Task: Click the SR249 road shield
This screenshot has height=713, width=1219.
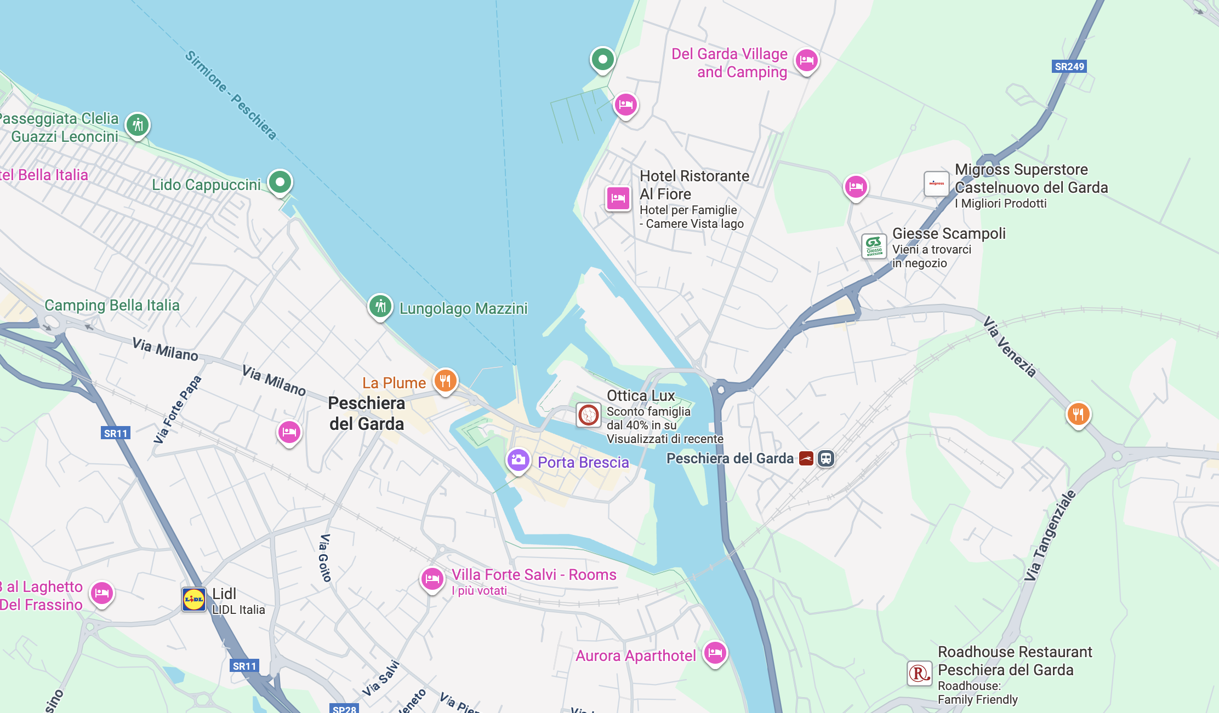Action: pyautogui.click(x=1069, y=66)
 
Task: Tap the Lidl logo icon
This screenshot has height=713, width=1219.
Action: pyautogui.click(x=193, y=600)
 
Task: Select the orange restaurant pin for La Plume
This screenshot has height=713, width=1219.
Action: pyautogui.click(x=445, y=380)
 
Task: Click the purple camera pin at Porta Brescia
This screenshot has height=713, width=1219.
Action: pyautogui.click(x=518, y=460)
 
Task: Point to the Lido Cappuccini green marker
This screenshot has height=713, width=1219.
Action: pyautogui.click(x=280, y=181)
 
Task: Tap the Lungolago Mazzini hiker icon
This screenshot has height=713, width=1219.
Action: pyautogui.click(x=380, y=306)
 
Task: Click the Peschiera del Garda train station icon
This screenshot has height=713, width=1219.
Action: pyautogui.click(x=825, y=458)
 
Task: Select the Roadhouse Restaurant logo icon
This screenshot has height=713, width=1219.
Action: pyautogui.click(x=919, y=673)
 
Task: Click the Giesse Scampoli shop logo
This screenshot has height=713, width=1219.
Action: pyautogui.click(x=874, y=246)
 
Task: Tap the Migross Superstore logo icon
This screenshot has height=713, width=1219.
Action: pyautogui.click(x=936, y=183)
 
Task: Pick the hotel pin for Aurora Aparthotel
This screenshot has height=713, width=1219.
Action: pyautogui.click(x=715, y=652)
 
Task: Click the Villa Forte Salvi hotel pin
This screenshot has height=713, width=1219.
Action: pyautogui.click(x=432, y=578)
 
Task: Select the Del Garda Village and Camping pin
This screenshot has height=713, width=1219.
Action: pyautogui.click(x=806, y=60)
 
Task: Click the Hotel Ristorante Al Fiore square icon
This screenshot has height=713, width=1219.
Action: pyautogui.click(x=618, y=198)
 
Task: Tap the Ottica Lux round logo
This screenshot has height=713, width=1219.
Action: pyautogui.click(x=589, y=415)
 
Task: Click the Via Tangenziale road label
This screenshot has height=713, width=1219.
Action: pyautogui.click(x=1050, y=536)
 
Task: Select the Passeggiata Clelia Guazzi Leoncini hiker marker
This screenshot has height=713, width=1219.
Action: pyautogui.click(x=138, y=125)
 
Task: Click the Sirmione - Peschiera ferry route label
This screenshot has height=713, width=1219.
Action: pyautogui.click(x=231, y=95)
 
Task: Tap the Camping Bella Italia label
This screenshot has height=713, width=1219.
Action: pyautogui.click(x=112, y=305)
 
